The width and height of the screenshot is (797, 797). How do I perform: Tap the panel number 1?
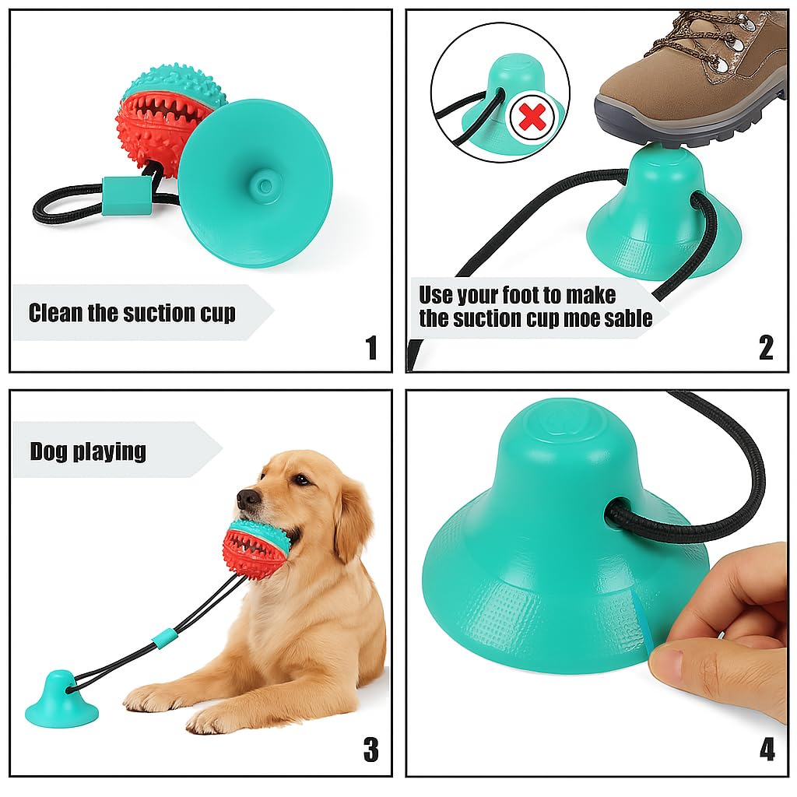[372, 348]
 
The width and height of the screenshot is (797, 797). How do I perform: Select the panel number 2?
[766, 348]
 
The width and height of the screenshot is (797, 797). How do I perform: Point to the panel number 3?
[371, 750]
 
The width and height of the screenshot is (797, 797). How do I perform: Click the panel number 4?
[767, 750]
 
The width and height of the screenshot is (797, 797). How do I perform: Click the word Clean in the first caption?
[55, 313]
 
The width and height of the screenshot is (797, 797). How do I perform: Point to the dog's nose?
[247, 498]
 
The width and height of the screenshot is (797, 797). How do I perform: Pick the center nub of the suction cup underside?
[264, 185]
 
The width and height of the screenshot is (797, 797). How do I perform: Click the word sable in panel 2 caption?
[628, 318]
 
